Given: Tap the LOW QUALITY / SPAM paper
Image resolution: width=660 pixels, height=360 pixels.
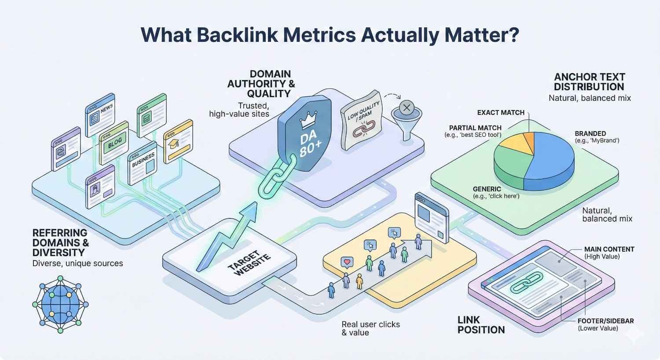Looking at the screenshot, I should [x=360, y=119].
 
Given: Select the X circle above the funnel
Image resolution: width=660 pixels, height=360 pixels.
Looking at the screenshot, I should [x=407, y=107].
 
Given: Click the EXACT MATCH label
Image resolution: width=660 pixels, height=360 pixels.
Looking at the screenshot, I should [x=501, y=113].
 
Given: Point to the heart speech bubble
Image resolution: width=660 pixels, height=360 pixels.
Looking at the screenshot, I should [x=347, y=262].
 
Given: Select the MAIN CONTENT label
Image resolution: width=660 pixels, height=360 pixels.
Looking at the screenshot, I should [x=609, y=249].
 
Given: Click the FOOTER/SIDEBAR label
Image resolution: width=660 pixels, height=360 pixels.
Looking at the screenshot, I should [x=605, y=321].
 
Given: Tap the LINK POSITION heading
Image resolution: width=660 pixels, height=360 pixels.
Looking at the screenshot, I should [x=481, y=325].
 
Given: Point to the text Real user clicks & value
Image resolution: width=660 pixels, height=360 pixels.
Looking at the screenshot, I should [x=370, y=328].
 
